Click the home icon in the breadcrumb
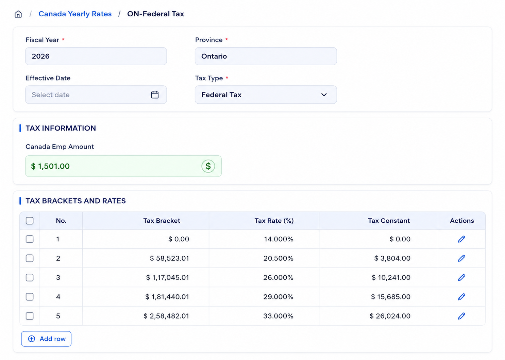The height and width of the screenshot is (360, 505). [18, 14]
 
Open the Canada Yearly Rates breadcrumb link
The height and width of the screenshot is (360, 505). [75, 14]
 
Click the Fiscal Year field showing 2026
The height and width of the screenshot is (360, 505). [96, 56]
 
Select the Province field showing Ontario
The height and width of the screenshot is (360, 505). [266, 56]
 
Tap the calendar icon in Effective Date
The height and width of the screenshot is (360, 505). [155, 95]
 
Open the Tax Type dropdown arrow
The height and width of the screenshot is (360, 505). [324, 95]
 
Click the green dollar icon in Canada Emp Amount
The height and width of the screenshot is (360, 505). [208, 166]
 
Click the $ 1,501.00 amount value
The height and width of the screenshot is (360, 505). [50, 166]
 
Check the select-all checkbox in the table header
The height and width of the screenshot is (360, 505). [30, 221]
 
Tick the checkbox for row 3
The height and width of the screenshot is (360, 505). [30, 277]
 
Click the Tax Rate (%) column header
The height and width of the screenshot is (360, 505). [274, 221]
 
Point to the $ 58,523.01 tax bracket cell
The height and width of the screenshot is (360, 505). [170, 258]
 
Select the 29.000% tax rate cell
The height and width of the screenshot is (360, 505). [279, 297]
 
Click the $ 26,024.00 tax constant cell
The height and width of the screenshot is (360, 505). [390, 316]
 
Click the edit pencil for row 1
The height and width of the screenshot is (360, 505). [461, 239]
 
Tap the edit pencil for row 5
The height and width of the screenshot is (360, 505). [461, 316]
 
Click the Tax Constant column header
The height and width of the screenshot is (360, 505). [389, 221]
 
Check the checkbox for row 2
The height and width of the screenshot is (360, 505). [30, 258]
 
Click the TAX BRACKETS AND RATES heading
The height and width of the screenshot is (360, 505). [75, 201]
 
